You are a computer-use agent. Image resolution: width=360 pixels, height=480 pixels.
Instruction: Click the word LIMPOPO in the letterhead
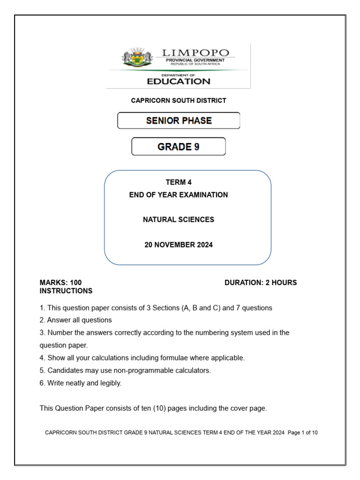(x=195, y=52)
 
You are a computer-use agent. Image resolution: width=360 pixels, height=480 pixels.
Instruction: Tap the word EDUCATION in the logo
(x=179, y=81)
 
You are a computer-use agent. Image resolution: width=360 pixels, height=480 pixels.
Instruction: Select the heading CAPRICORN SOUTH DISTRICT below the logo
(x=178, y=100)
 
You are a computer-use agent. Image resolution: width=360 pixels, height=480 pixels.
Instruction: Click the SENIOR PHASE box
(x=179, y=120)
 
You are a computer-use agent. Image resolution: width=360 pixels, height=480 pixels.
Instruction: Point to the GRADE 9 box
(x=178, y=147)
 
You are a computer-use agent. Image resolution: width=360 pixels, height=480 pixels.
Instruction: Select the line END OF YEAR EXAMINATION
(x=179, y=195)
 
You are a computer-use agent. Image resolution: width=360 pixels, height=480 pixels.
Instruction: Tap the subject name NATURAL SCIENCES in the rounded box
(x=179, y=219)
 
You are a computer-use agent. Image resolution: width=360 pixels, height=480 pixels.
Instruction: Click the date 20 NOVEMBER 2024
(x=179, y=245)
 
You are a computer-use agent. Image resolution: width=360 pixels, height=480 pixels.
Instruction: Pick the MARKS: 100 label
(x=60, y=283)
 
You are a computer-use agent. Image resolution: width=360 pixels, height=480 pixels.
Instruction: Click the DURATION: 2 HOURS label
(x=261, y=283)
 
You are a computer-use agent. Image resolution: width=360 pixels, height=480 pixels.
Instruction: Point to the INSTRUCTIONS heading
(x=66, y=291)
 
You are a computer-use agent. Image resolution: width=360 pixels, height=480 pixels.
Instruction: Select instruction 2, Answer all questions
(x=76, y=320)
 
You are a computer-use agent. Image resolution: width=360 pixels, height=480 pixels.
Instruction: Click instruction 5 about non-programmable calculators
(x=126, y=370)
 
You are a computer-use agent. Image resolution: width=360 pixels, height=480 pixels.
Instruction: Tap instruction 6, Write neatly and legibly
(x=81, y=383)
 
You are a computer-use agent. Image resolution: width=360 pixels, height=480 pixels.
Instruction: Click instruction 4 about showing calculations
(x=142, y=358)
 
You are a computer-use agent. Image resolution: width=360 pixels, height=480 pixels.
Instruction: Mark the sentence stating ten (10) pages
(x=153, y=408)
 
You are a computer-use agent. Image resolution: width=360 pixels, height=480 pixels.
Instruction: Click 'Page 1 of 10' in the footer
(x=303, y=433)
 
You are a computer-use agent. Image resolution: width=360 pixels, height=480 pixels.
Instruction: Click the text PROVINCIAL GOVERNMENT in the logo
(x=195, y=60)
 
